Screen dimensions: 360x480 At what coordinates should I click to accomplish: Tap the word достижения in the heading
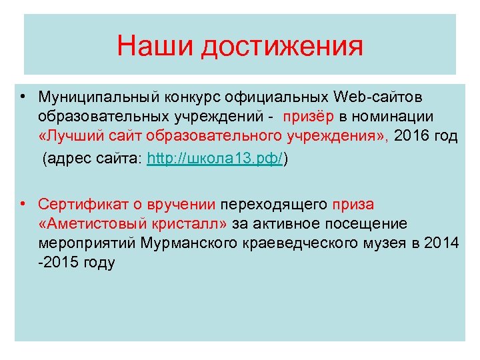pos(283,48)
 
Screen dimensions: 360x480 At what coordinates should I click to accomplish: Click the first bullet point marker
pos(23,97)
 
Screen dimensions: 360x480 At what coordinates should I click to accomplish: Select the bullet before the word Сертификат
pos(23,203)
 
